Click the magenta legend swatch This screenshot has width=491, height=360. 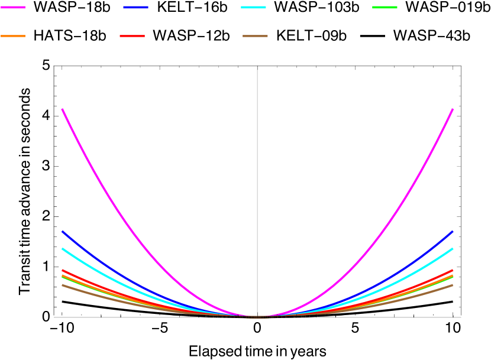13,7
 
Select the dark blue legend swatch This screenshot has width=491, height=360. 135,7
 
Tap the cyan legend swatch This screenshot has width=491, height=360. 253,7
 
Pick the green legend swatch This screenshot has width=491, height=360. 385,7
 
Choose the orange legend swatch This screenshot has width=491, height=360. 13,36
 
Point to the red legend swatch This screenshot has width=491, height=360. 132,36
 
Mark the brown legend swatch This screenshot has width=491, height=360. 255,36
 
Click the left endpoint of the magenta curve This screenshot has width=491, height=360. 62,109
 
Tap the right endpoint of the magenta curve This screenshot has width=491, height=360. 453,109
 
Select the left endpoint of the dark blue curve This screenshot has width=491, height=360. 62,231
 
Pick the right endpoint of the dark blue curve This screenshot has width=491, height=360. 453,231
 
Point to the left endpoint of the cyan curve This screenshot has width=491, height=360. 62,248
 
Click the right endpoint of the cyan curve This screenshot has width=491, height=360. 453,248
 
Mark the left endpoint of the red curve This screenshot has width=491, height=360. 62,270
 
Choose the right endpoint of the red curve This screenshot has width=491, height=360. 453,270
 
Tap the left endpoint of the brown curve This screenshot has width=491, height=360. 62,285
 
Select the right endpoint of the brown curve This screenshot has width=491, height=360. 453,285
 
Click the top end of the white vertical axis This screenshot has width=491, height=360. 257,67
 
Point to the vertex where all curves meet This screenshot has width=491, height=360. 257,317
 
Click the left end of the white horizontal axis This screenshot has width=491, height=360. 54,317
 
